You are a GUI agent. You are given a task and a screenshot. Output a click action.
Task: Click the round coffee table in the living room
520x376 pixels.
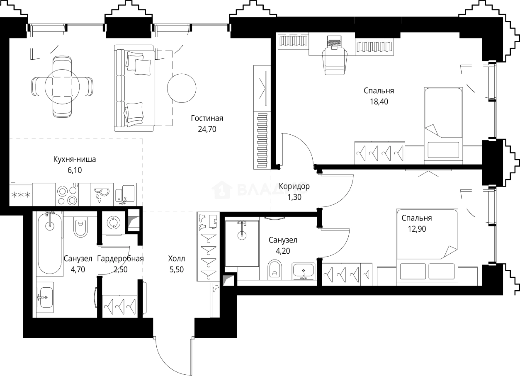pos(181,88)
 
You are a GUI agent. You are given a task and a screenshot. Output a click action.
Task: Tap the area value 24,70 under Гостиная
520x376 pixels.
pos(207,129)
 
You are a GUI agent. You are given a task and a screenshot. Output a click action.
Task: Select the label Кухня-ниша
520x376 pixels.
pos(75,159)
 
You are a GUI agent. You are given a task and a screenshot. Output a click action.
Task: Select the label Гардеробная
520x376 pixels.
pos(120,259)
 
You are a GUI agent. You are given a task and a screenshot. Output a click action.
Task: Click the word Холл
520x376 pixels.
pos(177,259)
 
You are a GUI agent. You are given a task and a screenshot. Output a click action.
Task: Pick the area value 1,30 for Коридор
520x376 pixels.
pos(294,197)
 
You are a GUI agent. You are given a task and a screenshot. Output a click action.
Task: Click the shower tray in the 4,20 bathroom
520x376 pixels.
pos(242,243)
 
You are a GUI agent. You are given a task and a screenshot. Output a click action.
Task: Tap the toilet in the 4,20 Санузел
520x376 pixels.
pos(274,269)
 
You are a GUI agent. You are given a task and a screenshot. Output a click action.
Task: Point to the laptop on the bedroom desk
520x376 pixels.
pos(334,41)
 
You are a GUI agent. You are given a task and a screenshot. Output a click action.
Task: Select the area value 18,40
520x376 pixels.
pos(379,101)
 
